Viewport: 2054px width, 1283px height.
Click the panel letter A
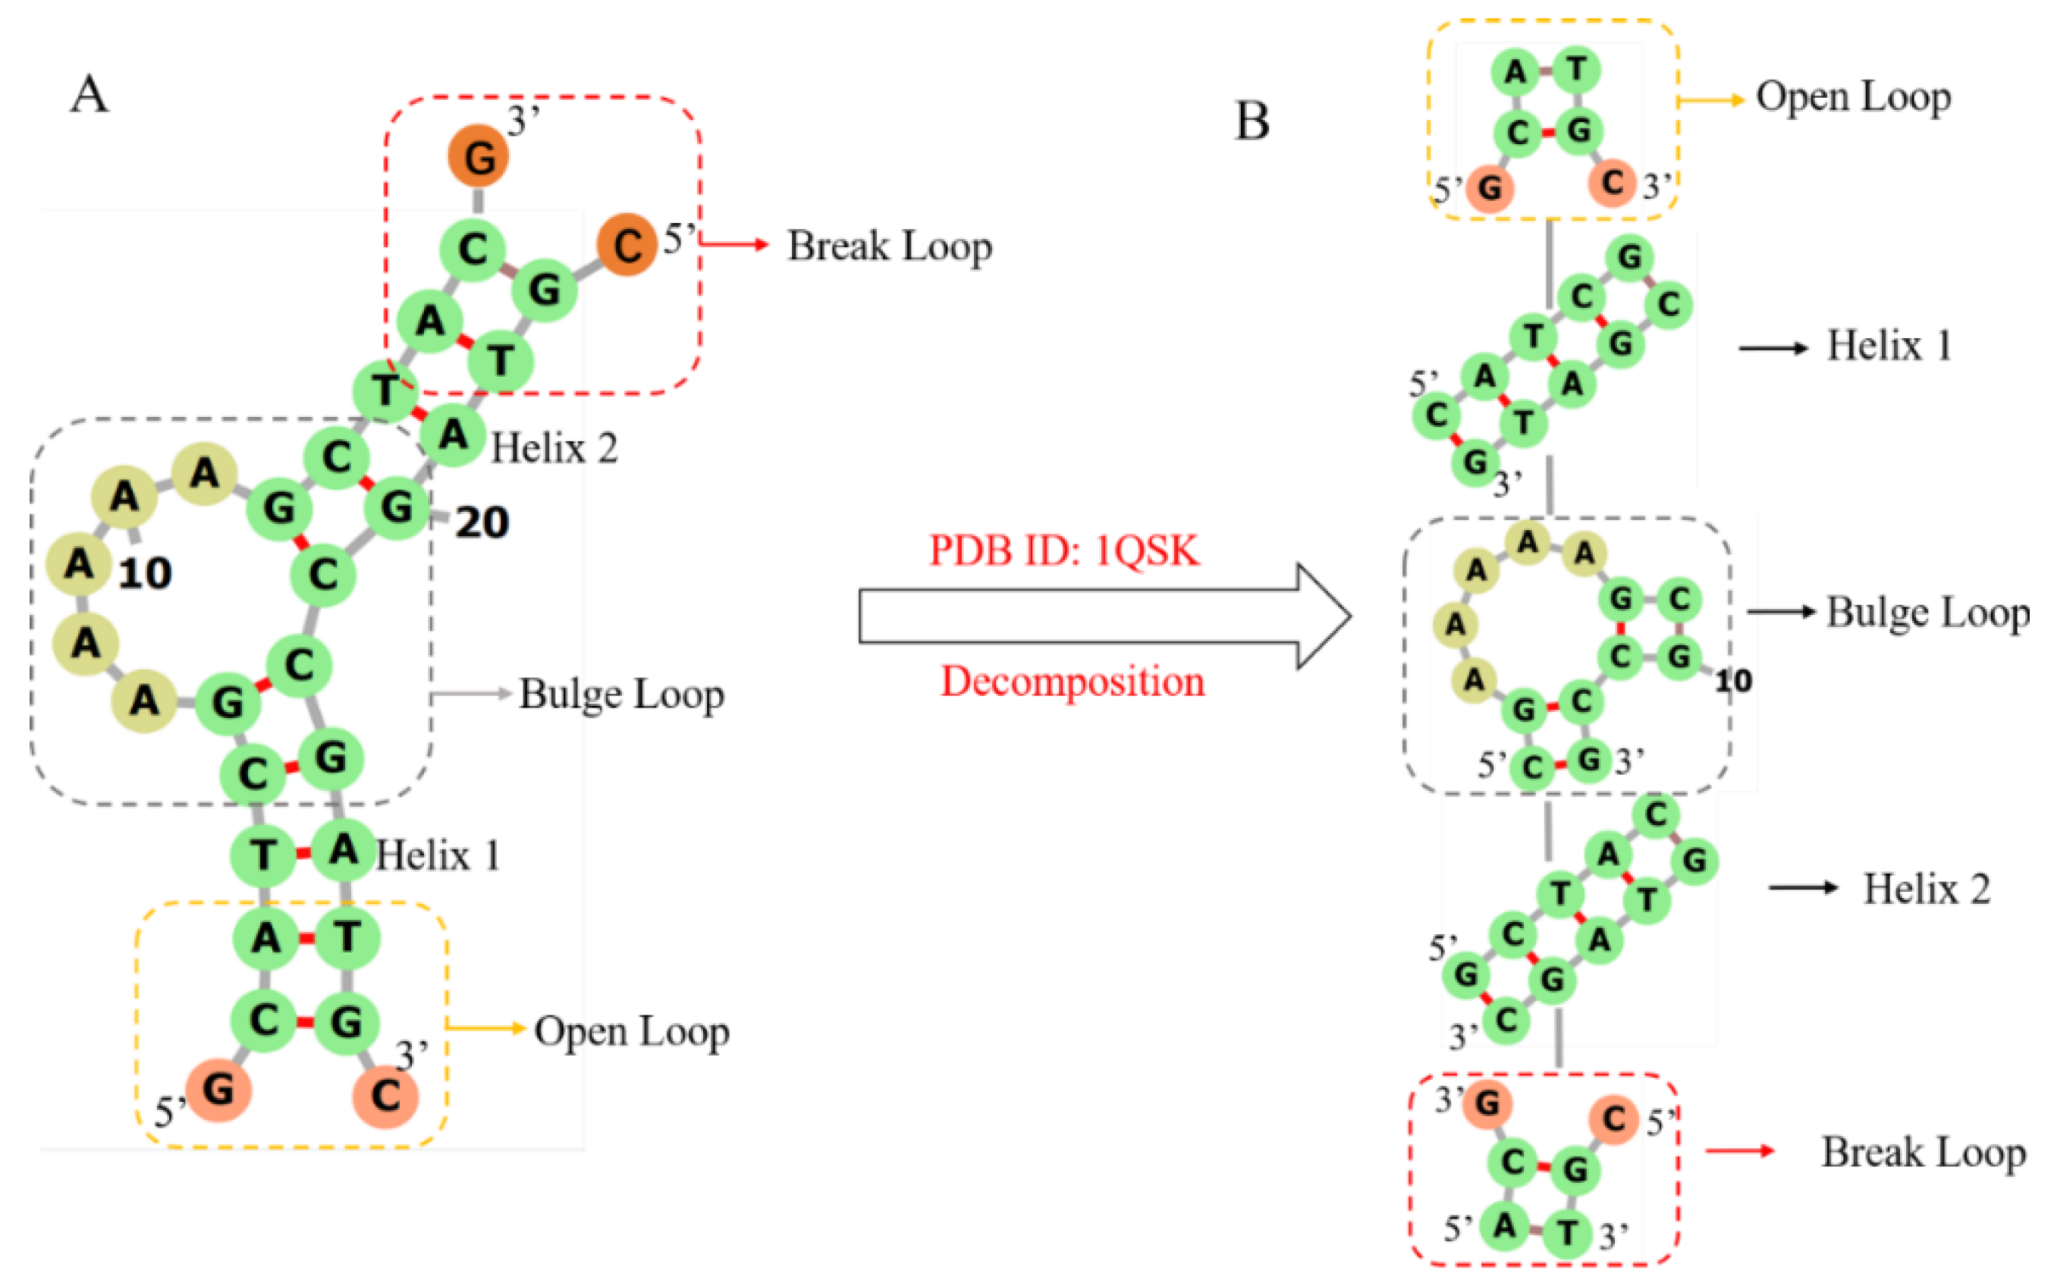(x=89, y=94)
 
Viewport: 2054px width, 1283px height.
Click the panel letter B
(x=1252, y=121)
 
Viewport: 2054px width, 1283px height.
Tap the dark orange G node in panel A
(x=479, y=157)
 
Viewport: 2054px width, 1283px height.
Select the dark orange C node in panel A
(x=627, y=245)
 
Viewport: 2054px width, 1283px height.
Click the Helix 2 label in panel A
(x=554, y=448)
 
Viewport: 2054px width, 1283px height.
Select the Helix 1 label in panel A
(x=437, y=855)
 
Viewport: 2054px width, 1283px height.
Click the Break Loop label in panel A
(x=890, y=247)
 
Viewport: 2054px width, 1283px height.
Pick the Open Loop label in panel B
(x=1853, y=98)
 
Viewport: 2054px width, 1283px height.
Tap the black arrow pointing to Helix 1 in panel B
(x=1772, y=348)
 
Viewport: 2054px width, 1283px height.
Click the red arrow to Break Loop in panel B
(x=1740, y=1150)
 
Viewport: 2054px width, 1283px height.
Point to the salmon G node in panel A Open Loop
(x=218, y=1090)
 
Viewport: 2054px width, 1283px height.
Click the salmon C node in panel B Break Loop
(x=1613, y=1119)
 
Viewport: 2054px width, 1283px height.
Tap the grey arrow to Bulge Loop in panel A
(x=471, y=694)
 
